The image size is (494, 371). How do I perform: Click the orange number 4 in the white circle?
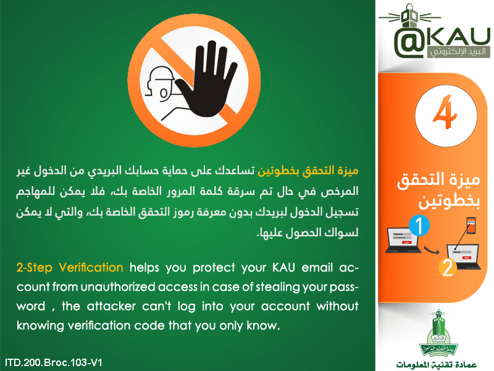pos(445,112)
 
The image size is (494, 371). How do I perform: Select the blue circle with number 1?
pos(419,226)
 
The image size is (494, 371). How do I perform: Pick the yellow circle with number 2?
pos(447,268)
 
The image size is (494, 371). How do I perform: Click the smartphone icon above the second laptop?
pos(471,226)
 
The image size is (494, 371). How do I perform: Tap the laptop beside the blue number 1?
pos(403,240)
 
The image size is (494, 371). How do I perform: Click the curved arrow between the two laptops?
pos(432,250)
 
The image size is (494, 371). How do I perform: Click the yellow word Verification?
pos(91,268)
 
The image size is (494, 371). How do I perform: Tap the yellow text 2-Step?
pos(34,268)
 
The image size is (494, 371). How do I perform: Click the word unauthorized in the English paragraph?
pos(118,287)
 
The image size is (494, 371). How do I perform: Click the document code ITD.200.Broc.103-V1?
pos(54,362)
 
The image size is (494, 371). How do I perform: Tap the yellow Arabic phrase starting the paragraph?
pos(308,171)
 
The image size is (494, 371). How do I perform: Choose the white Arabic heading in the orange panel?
pos(438,190)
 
